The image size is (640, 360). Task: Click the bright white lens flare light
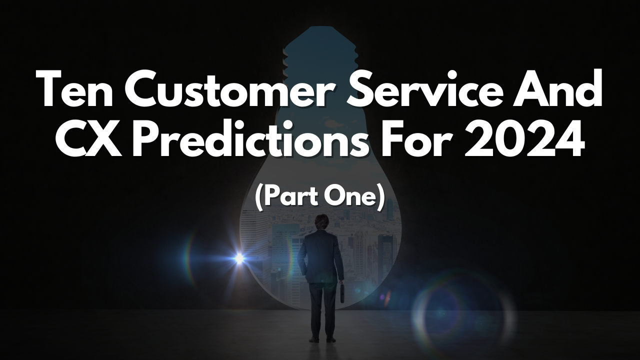(239, 258)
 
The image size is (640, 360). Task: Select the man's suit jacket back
(321, 257)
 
